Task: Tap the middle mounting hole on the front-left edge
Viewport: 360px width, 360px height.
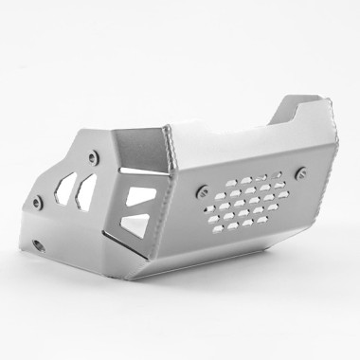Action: (x=37, y=202)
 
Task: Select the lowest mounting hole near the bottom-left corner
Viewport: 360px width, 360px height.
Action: (x=39, y=245)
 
